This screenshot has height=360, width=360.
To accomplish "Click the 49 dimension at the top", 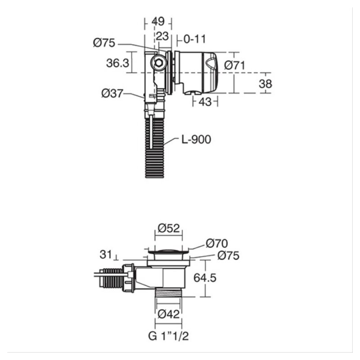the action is [x=158, y=21].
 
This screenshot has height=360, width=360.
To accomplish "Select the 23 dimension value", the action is [x=162, y=36].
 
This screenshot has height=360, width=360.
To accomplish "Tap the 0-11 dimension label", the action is [x=194, y=39].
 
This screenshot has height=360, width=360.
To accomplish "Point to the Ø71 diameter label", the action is [x=234, y=65].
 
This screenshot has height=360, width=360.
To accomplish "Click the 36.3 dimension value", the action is [x=118, y=63].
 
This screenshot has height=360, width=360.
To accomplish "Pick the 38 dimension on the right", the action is [x=265, y=84].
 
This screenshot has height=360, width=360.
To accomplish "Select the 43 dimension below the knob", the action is [x=205, y=102].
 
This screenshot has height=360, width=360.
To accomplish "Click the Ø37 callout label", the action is [x=112, y=94].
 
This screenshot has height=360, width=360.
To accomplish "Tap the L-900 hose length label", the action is [x=196, y=139].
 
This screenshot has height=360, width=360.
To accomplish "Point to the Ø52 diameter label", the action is [x=169, y=228].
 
